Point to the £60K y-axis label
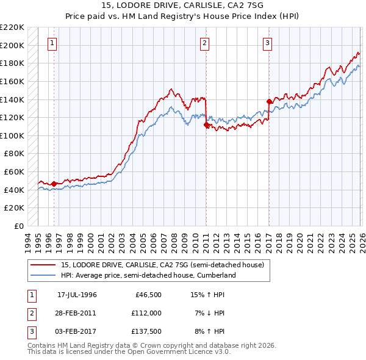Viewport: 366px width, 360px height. click(14, 171)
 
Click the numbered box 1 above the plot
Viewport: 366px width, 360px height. click(52, 43)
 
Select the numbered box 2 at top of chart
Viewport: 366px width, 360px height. click(204, 43)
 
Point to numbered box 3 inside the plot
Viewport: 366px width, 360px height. click(268, 43)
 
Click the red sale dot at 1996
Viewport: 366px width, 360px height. click(54, 183)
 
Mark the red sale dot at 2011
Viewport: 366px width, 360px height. click(206, 124)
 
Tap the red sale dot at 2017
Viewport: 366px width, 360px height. click(269, 101)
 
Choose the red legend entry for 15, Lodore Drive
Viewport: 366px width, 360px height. click(162, 265)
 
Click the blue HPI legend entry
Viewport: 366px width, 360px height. click(148, 275)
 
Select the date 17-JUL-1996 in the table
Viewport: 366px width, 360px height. click(77, 295)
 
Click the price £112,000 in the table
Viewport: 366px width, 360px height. click(146, 313)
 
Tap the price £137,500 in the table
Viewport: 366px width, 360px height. click(146, 331)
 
